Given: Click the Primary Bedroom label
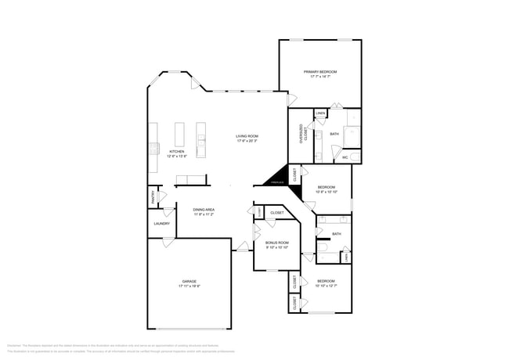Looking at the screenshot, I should [319, 71].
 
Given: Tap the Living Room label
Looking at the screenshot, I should [247, 136].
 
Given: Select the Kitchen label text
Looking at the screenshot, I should [177, 151].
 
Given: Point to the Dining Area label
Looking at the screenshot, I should [204, 210].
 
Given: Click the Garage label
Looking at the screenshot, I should [190, 281].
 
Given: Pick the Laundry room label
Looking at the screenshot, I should [162, 224].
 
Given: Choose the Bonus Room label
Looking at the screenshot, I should [277, 243].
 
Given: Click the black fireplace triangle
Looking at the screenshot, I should [276, 179].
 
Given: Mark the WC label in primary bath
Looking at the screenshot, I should [345, 157].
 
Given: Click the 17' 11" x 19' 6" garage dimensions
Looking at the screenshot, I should [190, 286].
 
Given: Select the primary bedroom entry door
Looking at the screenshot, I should [292, 100].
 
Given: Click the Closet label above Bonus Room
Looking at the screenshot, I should [277, 213].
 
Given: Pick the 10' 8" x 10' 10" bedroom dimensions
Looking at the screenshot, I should [327, 193].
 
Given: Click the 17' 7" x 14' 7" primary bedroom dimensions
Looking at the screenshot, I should [319, 77].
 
